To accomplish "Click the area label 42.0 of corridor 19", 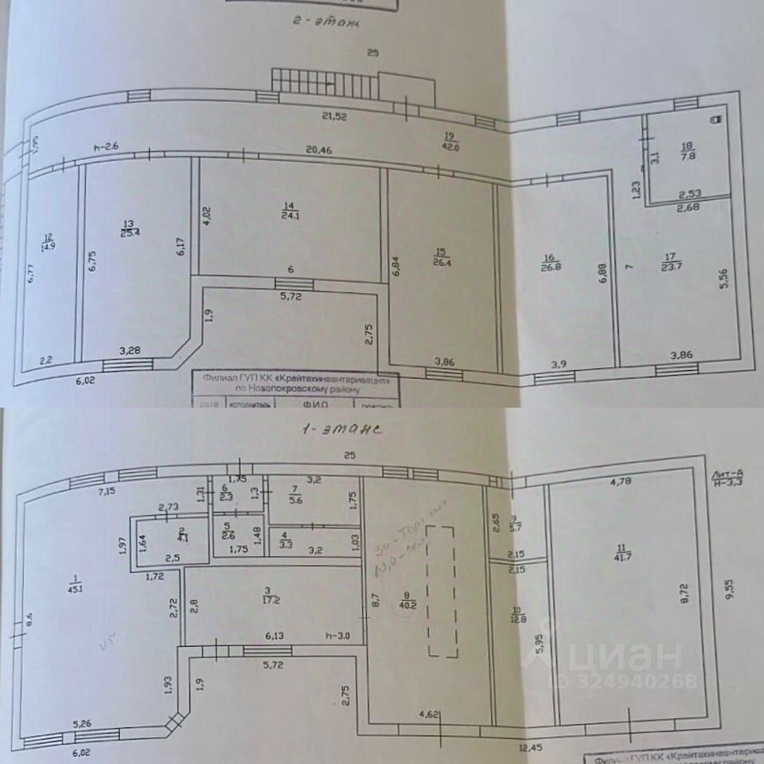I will [450, 145].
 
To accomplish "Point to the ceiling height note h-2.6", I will [105, 146].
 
